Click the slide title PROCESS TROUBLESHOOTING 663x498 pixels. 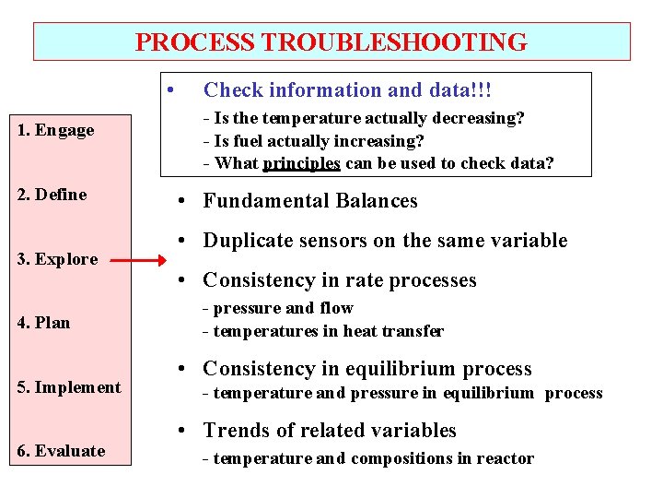pos(331,42)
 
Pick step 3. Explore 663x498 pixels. pos(57,259)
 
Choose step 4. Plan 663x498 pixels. pos(43,323)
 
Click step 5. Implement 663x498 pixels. pos(69,387)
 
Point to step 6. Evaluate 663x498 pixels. pos(61,451)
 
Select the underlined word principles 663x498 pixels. pos(301,164)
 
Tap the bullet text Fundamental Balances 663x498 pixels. pos(309,201)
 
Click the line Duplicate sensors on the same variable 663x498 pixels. pos(385,241)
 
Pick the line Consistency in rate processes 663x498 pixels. pos(339,280)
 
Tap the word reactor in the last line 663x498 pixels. pos(504,458)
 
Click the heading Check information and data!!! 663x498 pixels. pos(347,90)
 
